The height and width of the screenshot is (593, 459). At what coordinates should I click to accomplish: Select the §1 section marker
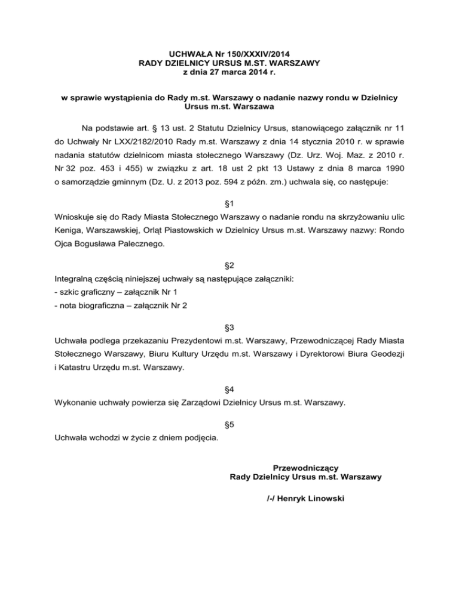[x=229, y=203]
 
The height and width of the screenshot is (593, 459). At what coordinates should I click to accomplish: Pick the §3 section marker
[x=229, y=328]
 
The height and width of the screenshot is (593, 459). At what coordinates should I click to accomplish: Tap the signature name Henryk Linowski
[x=305, y=496]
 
